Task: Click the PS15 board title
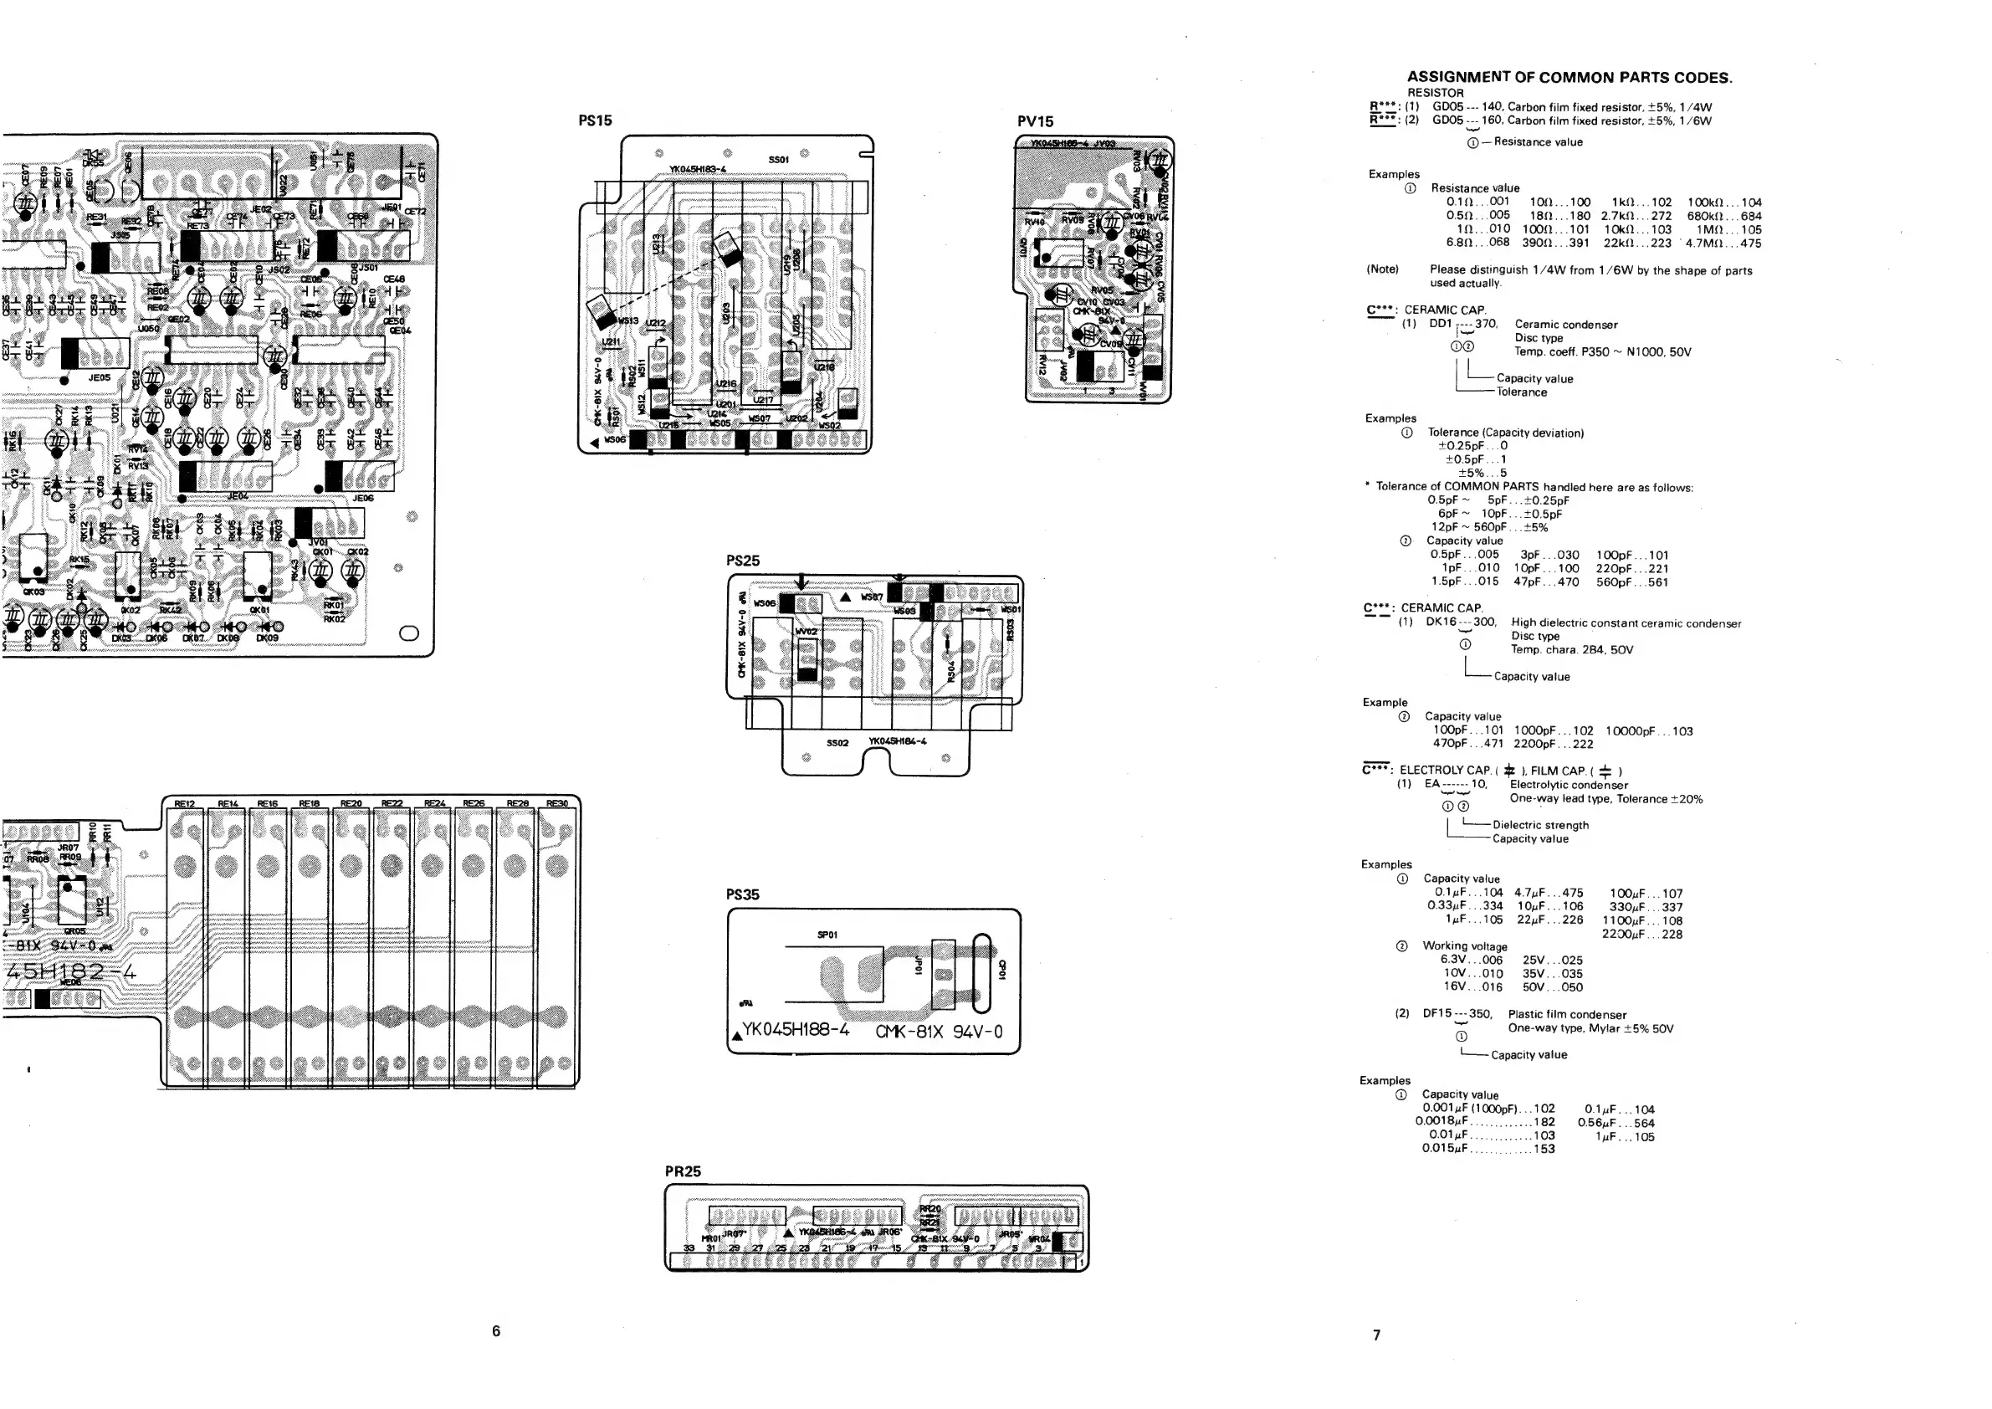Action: [x=595, y=120]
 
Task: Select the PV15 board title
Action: [x=1035, y=121]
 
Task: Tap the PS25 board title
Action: [x=743, y=561]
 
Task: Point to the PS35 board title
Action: [x=743, y=894]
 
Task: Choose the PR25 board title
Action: [x=683, y=1171]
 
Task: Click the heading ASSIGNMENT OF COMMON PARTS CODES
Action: [x=1570, y=77]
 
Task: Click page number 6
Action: [x=496, y=1331]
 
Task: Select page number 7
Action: [x=1377, y=1335]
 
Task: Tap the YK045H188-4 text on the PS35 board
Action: [x=796, y=1031]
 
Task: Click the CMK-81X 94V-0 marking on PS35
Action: [x=939, y=1032]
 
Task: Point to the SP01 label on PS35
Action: [x=827, y=935]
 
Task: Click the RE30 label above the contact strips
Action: [x=557, y=803]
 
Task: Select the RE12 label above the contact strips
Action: [x=185, y=803]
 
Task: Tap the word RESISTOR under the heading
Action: [x=1435, y=93]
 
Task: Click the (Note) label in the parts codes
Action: [x=1383, y=269]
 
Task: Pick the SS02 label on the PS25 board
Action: [x=837, y=743]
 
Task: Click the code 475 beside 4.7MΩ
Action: [x=1751, y=243]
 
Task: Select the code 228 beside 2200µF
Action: [x=1672, y=935]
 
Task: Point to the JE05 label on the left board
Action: [x=100, y=378]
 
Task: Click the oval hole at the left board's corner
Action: [x=408, y=633]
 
